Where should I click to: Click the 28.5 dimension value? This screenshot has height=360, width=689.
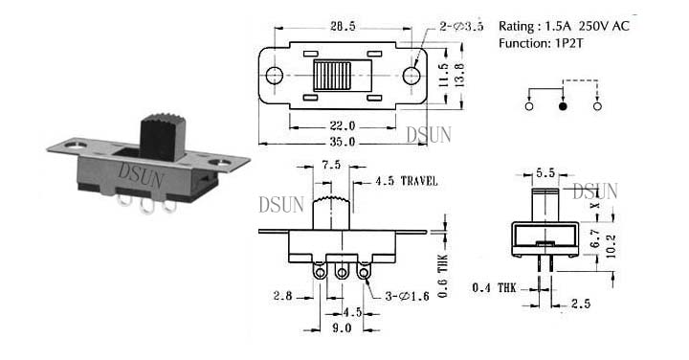click(x=343, y=27)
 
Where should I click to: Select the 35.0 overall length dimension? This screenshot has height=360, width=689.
click(x=343, y=143)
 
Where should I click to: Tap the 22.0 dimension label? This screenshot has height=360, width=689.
click(x=343, y=126)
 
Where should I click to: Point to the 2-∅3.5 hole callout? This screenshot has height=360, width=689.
click(x=461, y=27)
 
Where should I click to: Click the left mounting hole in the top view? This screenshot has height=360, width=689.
click(x=275, y=76)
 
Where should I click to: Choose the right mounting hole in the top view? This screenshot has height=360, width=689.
click(x=411, y=76)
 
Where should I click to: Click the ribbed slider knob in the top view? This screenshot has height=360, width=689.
click(x=332, y=76)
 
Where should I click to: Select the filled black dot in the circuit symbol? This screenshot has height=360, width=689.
click(x=563, y=106)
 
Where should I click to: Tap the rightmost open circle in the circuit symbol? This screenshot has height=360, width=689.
click(x=597, y=106)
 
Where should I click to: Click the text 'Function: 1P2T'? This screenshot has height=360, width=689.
click(x=541, y=43)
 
